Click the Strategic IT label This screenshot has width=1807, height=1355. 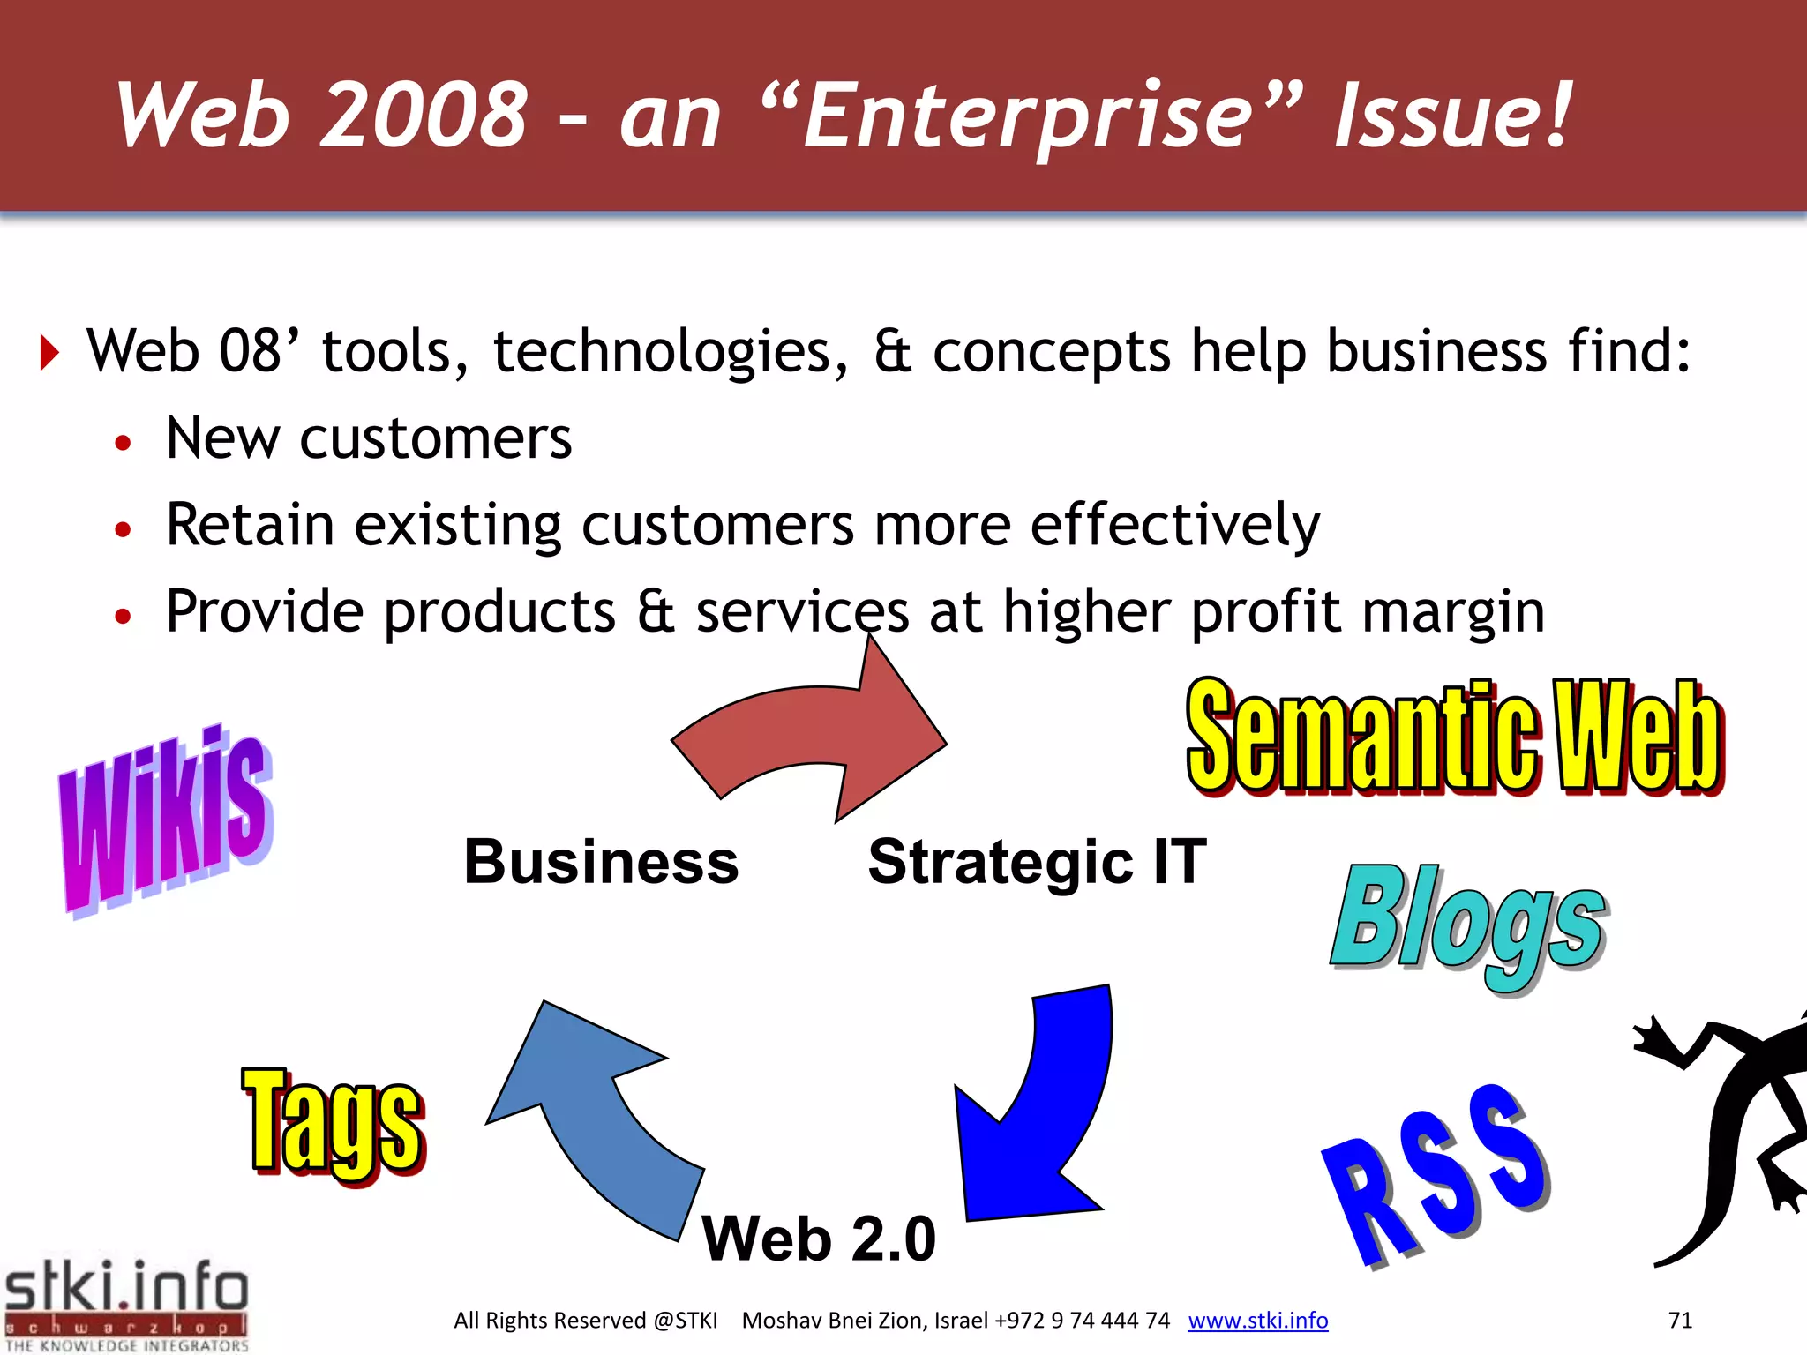point(1037,862)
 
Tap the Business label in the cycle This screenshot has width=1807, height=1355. point(601,862)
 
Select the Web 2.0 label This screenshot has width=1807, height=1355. point(818,1239)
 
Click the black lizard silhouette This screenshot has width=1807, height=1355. point(1729,1138)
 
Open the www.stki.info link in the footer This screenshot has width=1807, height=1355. point(1257,1321)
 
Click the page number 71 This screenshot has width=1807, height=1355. point(1680,1321)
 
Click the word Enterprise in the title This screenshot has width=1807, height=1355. point(1028,115)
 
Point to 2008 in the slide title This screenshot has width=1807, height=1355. point(424,115)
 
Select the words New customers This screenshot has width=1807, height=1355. point(369,438)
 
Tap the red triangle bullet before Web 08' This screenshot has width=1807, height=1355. point(49,353)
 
